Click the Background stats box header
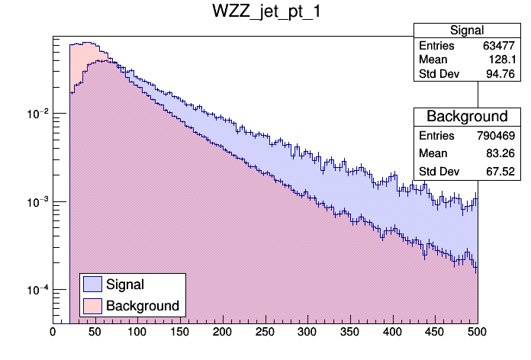tap(467, 117)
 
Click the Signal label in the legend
tap(125, 284)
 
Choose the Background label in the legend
tap(143, 306)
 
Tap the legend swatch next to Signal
tap(92, 284)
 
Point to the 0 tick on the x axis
tap(53, 332)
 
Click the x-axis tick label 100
tap(137, 332)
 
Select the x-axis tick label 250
tap(265, 332)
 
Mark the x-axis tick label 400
tap(392, 332)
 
